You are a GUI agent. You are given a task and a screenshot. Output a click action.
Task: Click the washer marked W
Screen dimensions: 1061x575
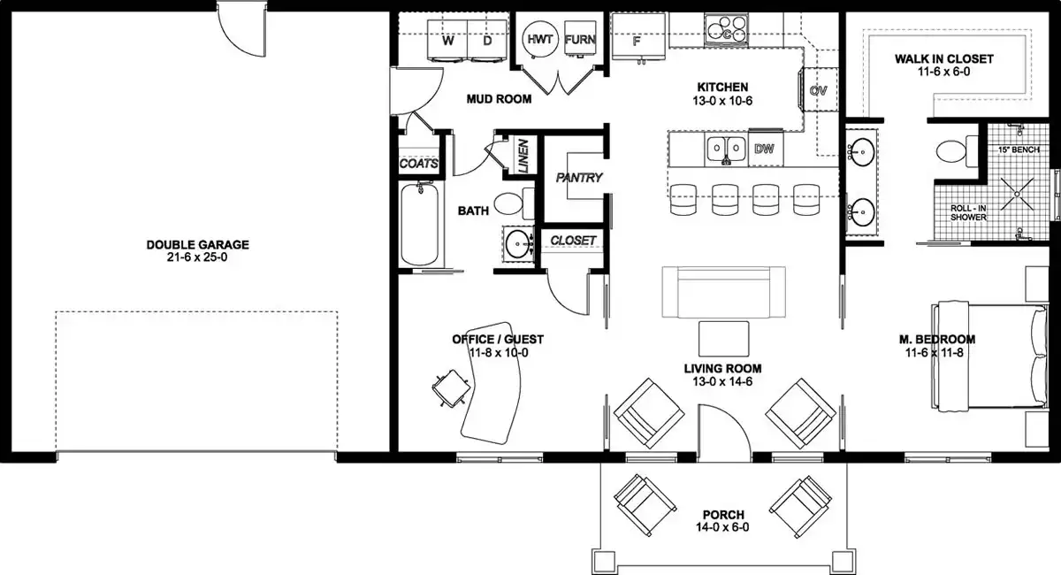[x=447, y=41]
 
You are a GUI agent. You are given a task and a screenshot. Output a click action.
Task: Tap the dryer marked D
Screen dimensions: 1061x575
[x=487, y=41]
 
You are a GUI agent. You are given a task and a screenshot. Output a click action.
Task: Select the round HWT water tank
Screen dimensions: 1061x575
[x=540, y=39]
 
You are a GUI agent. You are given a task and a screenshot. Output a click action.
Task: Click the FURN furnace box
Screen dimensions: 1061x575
[x=580, y=39]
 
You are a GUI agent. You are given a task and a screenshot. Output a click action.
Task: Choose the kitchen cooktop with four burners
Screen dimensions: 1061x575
[x=726, y=29]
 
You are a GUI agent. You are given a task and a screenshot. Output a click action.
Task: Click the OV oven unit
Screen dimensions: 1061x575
[x=819, y=90]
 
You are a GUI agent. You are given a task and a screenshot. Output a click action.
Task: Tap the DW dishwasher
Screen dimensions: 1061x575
[x=765, y=148]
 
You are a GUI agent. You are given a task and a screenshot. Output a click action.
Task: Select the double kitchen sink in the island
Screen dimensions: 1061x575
[x=726, y=149]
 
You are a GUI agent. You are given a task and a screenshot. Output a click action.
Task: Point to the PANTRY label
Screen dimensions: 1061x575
[x=579, y=178]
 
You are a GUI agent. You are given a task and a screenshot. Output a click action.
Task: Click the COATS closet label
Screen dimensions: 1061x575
[x=419, y=164]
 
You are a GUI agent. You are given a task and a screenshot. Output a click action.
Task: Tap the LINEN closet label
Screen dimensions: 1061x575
[x=523, y=156]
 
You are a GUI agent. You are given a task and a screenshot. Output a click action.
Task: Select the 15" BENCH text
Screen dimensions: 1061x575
[x=1019, y=149]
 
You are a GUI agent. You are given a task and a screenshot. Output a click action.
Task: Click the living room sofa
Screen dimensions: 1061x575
[x=724, y=292]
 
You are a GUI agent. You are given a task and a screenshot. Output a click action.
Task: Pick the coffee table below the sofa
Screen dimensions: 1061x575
[x=724, y=339]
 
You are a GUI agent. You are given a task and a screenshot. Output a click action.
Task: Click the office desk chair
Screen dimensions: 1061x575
[x=452, y=388]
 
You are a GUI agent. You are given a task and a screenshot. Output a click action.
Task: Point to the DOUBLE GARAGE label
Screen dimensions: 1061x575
[x=197, y=245]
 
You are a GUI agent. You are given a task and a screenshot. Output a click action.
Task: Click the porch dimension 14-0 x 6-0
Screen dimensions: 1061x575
[x=723, y=527]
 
